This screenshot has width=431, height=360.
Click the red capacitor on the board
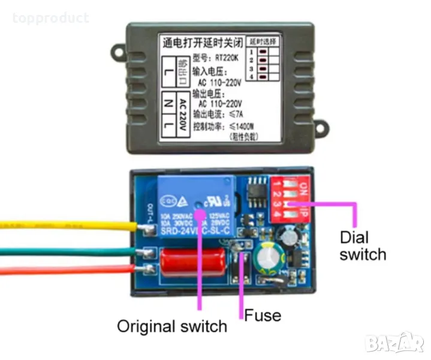pos(191,261)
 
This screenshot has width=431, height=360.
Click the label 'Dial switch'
pos(362,245)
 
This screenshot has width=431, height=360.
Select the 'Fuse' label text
pos(263,314)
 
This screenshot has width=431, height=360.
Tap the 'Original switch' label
pos(172,327)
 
